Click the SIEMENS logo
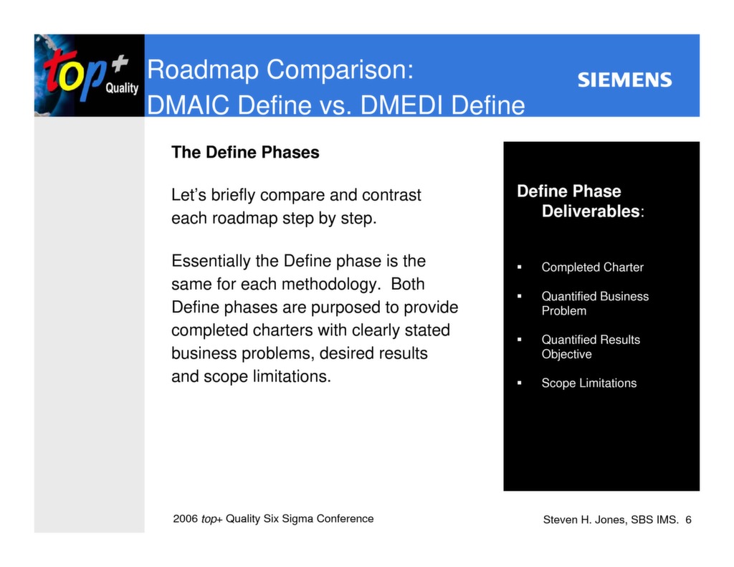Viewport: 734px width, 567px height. [x=624, y=80]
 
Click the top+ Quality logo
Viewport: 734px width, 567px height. [x=88, y=75]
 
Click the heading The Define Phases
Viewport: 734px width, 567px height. [x=245, y=153]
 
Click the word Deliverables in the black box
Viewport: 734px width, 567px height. [x=591, y=211]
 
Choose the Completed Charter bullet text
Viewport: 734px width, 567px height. [x=592, y=267]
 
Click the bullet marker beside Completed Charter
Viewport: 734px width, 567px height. [x=519, y=267]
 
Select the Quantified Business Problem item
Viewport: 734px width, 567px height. [x=594, y=303]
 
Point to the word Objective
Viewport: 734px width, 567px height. [x=566, y=354]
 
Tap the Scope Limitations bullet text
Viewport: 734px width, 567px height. [x=588, y=383]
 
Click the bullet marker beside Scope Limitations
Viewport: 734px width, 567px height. [x=519, y=383]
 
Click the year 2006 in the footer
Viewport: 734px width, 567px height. [x=185, y=519]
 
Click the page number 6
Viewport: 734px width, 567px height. [x=688, y=520]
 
